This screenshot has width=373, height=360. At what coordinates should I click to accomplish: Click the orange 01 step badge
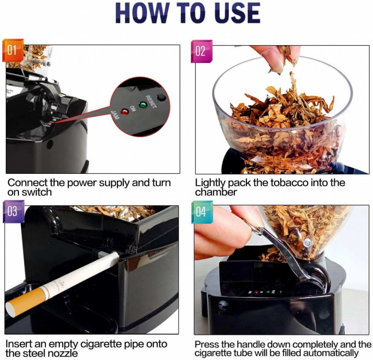click(13, 50)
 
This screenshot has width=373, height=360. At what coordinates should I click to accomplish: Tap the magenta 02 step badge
click(201, 51)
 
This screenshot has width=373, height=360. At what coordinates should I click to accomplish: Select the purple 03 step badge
click(14, 212)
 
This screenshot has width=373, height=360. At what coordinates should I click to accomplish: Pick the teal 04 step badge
click(202, 212)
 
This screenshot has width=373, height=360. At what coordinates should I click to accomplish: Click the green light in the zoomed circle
click(143, 105)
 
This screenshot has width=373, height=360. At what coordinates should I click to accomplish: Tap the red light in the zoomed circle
click(124, 112)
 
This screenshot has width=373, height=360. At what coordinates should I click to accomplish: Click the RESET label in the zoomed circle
click(150, 102)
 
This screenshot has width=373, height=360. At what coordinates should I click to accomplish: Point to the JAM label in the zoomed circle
click(116, 115)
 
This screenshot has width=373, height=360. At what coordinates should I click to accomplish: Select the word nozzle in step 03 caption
click(64, 353)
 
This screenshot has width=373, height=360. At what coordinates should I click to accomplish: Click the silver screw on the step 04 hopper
click(307, 243)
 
